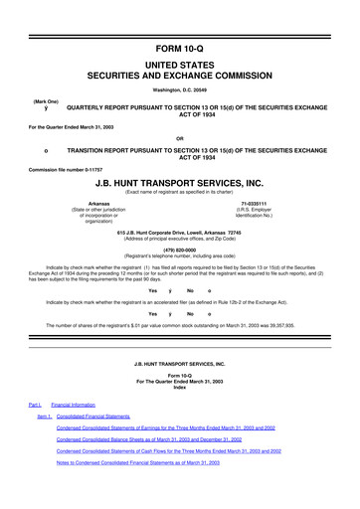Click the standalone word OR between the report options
click(x=179, y=137)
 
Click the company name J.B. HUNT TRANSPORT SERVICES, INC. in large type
click(x=179, y=184)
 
